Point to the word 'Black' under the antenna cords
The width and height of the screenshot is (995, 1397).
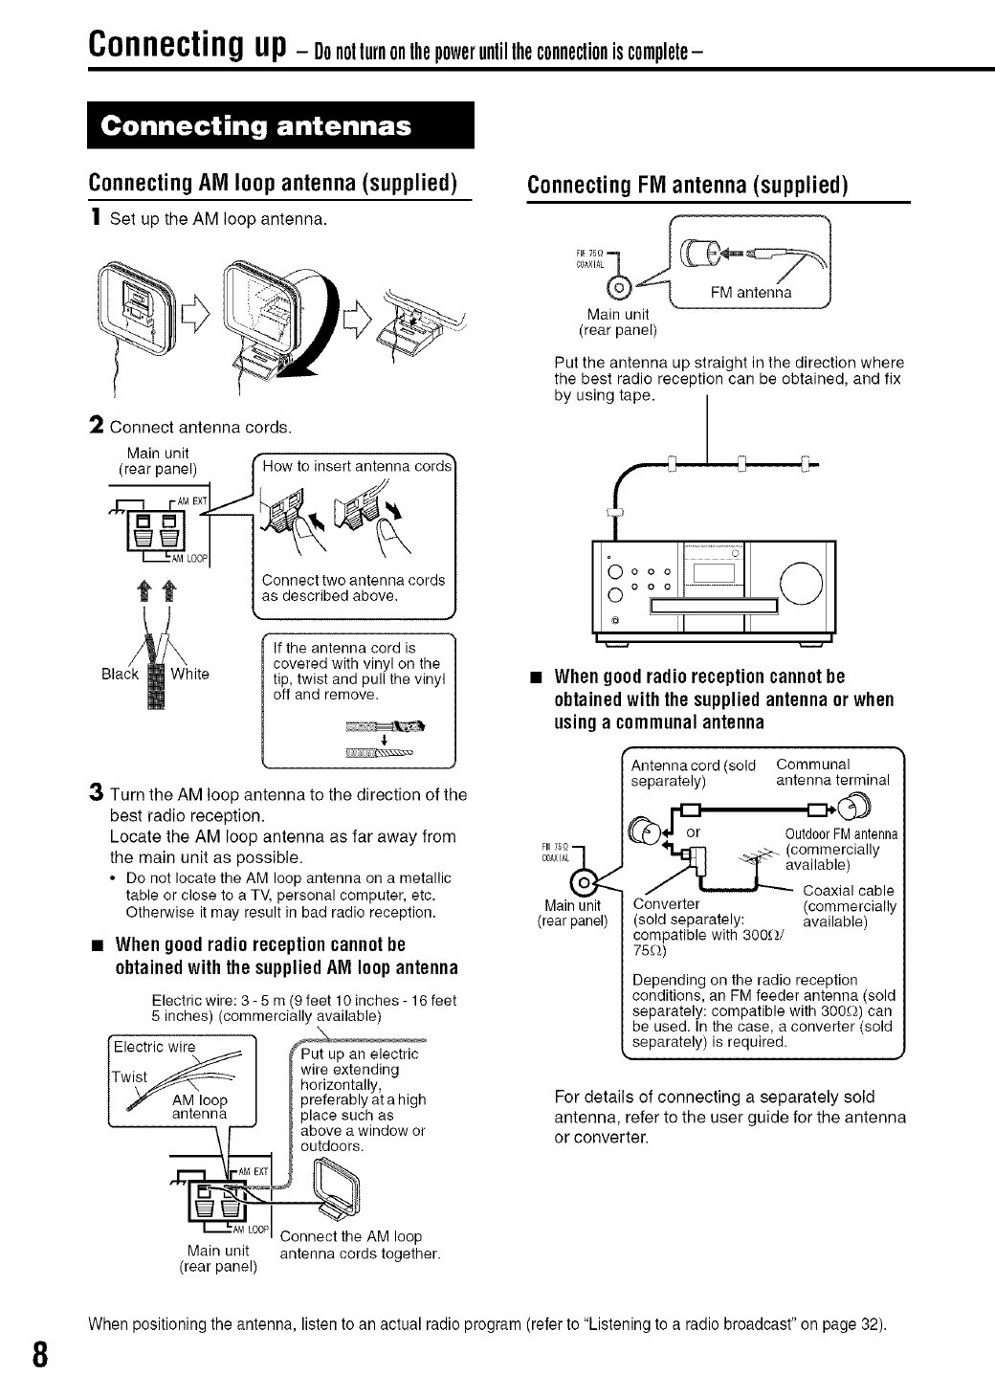tap(120, 674)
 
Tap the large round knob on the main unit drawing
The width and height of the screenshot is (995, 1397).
tap(801, 581)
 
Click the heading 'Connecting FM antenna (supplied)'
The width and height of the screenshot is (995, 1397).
tap(688, 184)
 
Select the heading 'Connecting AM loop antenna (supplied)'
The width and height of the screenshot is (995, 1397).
tap(271, 183)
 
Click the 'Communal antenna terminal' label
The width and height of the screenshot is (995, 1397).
tap(833, 772)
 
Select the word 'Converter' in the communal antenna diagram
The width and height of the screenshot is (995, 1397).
tap(667, 904)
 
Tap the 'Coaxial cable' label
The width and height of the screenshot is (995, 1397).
tap(849, 891)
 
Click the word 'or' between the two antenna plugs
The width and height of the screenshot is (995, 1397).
tap(695, 832)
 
